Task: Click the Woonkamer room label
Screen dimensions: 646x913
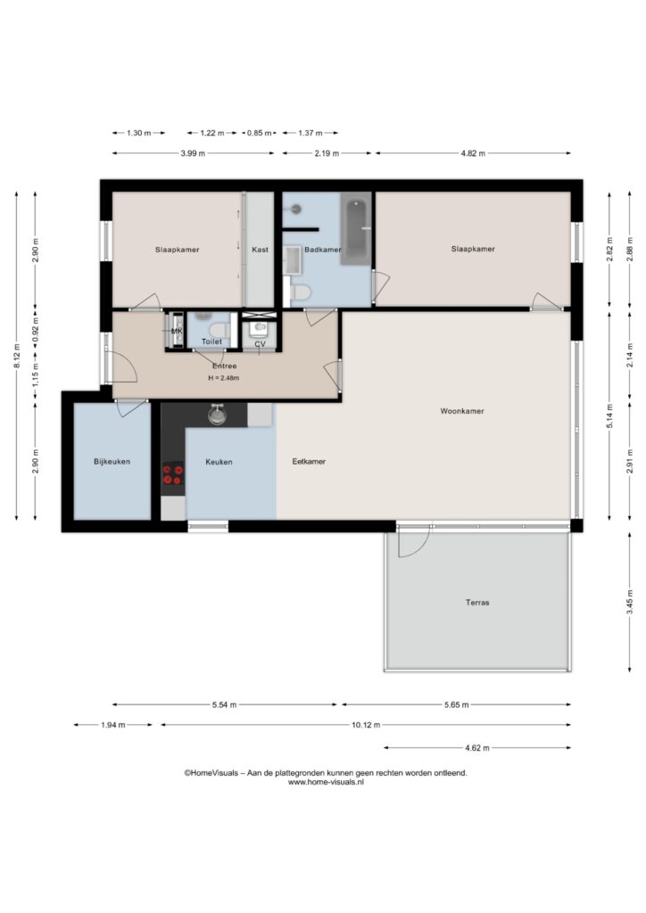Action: tap(462, 411)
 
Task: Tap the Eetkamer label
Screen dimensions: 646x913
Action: tap(309, 462)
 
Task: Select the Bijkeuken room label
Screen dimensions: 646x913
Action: tap(112, 462)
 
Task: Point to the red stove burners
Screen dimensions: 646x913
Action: tap(172, 474)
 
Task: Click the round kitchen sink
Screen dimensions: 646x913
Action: tap(218, 415)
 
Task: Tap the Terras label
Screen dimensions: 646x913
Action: tap(477, 603)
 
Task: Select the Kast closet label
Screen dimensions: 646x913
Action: tap(260, 250)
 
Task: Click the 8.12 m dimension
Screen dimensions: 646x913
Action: tap(17, 356)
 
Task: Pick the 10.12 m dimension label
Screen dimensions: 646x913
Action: tap(366, 725)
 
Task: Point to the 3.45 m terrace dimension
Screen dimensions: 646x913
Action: tap(630, 603)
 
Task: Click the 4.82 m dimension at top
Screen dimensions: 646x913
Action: tap(473, 153)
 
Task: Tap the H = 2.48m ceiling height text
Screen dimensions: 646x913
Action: tap(224, 378)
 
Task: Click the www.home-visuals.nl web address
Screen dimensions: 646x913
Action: tap(326, 783)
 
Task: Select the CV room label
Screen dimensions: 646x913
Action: tap(260, 344)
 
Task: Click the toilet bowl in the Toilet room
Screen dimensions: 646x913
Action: tap(220, 330)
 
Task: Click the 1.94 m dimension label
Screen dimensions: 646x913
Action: tap(113, 725)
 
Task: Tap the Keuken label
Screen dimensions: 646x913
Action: tap(219, 462)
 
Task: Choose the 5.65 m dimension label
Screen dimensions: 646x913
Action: tap(456, 704)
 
